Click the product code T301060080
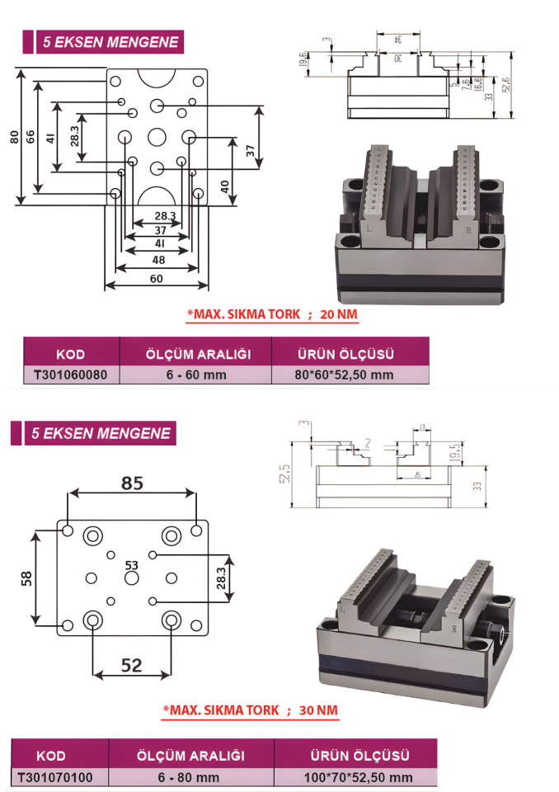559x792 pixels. click(72, 375)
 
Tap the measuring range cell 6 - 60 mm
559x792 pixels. click(195, 375)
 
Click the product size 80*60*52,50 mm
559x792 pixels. click(345, 375)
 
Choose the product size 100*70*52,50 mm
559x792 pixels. click(358, 776)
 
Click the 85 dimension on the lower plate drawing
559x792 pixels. click(132, 483)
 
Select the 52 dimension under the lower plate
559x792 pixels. click(132, 665)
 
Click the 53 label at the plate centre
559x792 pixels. click(131, 565)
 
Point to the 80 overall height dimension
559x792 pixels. click(13, 136)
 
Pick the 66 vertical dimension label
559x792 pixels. click(31, 136)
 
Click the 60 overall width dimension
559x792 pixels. click(156, 279)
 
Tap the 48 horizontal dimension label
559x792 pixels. click(158, 260)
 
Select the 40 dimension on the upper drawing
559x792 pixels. click(225, 186)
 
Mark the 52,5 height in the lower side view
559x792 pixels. click(285, 474)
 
